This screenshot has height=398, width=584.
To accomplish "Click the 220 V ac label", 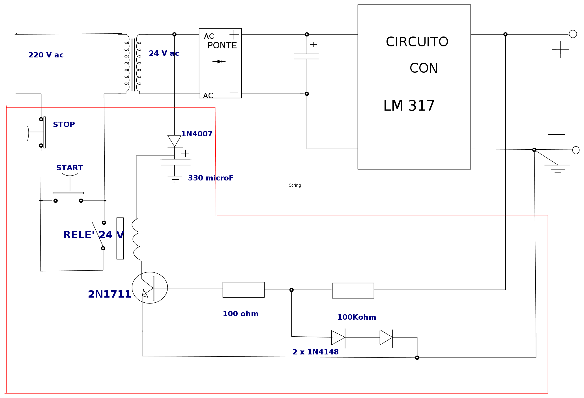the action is tap(46, 55).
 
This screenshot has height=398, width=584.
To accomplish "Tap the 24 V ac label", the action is tap(164, 53).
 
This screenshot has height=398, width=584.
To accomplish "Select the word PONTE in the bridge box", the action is tap(222, 45).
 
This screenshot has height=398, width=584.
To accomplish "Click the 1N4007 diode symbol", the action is tap(174, 141).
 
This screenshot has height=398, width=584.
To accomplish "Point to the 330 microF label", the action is tap(211, 178).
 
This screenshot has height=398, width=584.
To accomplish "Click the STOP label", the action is tap(64, 124).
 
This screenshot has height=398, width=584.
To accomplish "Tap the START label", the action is tap(70, 168).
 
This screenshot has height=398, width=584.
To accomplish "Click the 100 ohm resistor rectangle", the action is tap(244, 290).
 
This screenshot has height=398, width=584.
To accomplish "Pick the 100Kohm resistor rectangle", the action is tap(353, 291).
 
